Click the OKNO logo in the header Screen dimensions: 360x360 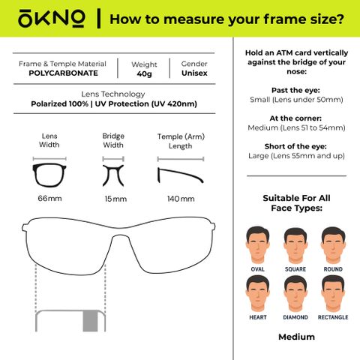pyautogui.click(x=52, y=19)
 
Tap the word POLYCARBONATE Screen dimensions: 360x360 pyautogui.click(x=63, y=73)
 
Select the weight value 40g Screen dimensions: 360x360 pyautogui.click(x=144, y=74)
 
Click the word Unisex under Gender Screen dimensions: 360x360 pyautogui.click(x=194, y=73)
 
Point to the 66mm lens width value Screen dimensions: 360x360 pyautogui.click(x=49, y=199)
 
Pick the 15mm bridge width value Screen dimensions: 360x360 pyautogui.click(x=115, y=199)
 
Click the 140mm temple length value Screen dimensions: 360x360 pyautogui.click(x=181, y=199)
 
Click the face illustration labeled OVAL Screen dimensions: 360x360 pyautogui.click(x=257, y=245)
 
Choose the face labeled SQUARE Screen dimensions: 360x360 pyautogui.click(x=295, y=245)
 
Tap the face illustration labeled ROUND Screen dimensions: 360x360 pyautogui.click(x=333, y=245)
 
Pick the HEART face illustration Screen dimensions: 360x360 pyautogui.click(x=257, y=294)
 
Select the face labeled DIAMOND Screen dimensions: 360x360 pyautogui.click(x=295, y=294)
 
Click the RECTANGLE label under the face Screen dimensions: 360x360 pyautogui.click(x=333, y=317)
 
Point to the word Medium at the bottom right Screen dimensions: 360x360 pyautogui.click(x=296, y=337)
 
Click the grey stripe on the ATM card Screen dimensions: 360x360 pyautogui.click(x=90, y=321)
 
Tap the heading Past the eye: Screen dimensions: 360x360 pyautogui.click(x=295, y=90)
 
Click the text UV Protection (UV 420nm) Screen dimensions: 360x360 pyautogui.click(x=146, y=103)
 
